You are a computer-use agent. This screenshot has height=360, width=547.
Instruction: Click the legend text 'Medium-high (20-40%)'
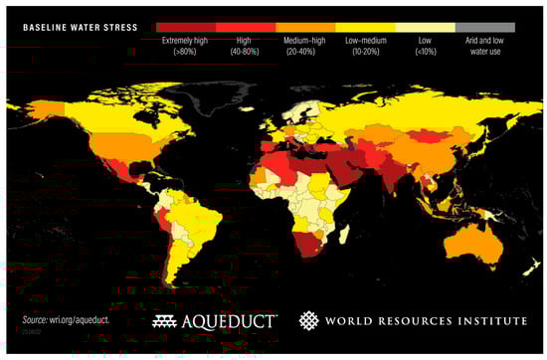coord(305,47)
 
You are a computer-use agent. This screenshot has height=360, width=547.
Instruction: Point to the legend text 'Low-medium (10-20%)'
coord(365,47)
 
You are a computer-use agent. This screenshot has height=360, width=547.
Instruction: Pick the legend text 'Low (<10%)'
coord(425,47)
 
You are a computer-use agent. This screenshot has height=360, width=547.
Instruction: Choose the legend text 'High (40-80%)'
coord(246,47)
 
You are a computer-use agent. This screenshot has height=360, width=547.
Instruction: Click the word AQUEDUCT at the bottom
coord(233,321)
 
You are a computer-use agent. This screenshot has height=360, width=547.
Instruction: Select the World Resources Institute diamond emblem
coord(309,320)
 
